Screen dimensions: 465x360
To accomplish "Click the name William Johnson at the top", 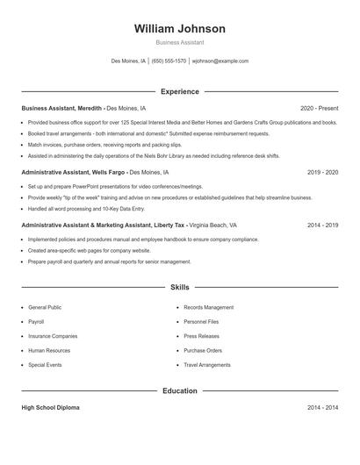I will (179, 28).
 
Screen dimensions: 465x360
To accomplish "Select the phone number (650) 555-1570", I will (169, 61).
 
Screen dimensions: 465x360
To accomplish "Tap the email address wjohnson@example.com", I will (220, 61).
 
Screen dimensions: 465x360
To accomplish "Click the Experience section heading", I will (179, 91).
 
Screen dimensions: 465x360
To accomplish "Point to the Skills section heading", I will (179, 287).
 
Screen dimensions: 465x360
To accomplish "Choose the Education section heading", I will (179, 390).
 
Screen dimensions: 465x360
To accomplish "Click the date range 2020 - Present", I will (319, 108).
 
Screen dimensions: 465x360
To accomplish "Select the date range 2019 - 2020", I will (322, 173).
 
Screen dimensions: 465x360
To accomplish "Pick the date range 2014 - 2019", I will (322, 225).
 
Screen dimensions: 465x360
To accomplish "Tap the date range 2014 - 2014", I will (322, 408).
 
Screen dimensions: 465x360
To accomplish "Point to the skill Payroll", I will (36, 322).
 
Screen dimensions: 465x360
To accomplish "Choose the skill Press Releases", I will (202, 336).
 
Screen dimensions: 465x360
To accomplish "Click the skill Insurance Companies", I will (53, 336).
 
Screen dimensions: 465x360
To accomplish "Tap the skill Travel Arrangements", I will (207, 364).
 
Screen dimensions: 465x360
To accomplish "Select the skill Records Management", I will (208, 308).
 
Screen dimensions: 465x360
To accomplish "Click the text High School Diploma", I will (50, 408).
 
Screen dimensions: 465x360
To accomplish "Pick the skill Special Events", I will (45, 364).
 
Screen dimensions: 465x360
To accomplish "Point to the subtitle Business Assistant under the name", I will (179, 42).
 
